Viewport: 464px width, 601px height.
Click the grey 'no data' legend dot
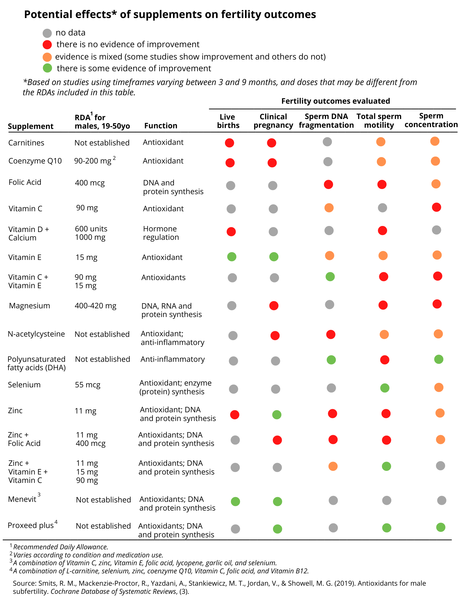tap(47, 33)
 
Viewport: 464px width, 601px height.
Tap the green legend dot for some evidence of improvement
tap(47, 68)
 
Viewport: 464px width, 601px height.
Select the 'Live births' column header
tap(228, 121)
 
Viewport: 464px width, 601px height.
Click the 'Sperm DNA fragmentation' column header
tap(326, 121)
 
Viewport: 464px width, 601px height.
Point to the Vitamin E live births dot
tap(232, 257)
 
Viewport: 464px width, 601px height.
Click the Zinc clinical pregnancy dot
tap(277, 415)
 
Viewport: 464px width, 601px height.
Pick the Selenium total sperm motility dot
tap(385, 388)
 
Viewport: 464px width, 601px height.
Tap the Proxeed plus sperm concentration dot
tap(441, 527)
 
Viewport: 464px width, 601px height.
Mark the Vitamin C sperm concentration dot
tap(436, 207)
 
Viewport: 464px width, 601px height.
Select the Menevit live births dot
tap(235, 501)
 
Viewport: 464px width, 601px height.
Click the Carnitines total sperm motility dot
tap(381, 142)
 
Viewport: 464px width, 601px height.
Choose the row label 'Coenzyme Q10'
tap(35, 161)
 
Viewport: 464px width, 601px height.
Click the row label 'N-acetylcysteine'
tap(36, 334)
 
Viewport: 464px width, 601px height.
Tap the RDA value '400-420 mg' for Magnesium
tap(96, 306)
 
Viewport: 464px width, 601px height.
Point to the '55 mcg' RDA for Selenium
tap(88, 385)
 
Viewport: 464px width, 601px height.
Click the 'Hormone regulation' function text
tap(161, 233)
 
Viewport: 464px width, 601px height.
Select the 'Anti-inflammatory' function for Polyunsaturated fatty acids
tap(173, 359)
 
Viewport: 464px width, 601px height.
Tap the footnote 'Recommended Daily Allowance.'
tap(61, 547)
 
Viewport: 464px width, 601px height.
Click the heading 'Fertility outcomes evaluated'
tap(336, 101)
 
